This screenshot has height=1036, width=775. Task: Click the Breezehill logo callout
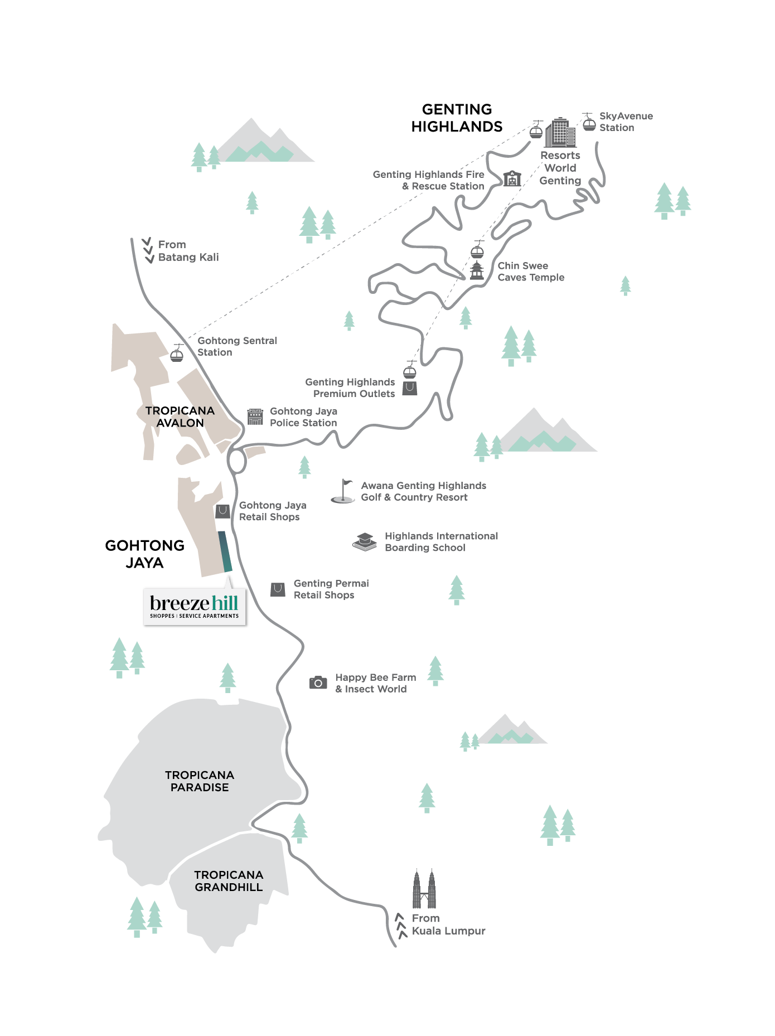(195, 607)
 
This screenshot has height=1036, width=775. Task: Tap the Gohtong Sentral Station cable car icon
(177, 354)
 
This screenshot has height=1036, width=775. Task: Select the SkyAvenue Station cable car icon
(589, 122)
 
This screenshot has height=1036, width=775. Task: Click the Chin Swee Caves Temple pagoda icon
(477, 271)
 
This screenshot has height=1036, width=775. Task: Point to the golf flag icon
(344, 491)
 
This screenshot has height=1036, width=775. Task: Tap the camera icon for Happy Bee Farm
(318, 682)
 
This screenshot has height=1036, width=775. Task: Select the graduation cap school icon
(365, 541)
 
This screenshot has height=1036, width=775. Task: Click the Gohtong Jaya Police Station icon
(255, 417)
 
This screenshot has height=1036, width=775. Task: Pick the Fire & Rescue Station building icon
(512, 178)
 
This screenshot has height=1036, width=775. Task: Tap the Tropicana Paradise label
(200, 781)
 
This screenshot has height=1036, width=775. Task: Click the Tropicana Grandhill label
(229, 881)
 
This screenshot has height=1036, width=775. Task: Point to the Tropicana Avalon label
(180, 417)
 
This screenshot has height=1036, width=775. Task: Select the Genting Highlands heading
(457, 118)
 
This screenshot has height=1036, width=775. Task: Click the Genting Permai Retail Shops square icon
(278, 589)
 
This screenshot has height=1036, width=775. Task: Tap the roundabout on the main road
(236, 462)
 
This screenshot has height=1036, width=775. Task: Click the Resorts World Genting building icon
(560, 133)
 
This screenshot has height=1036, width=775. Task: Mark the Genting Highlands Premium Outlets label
(350, 388)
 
